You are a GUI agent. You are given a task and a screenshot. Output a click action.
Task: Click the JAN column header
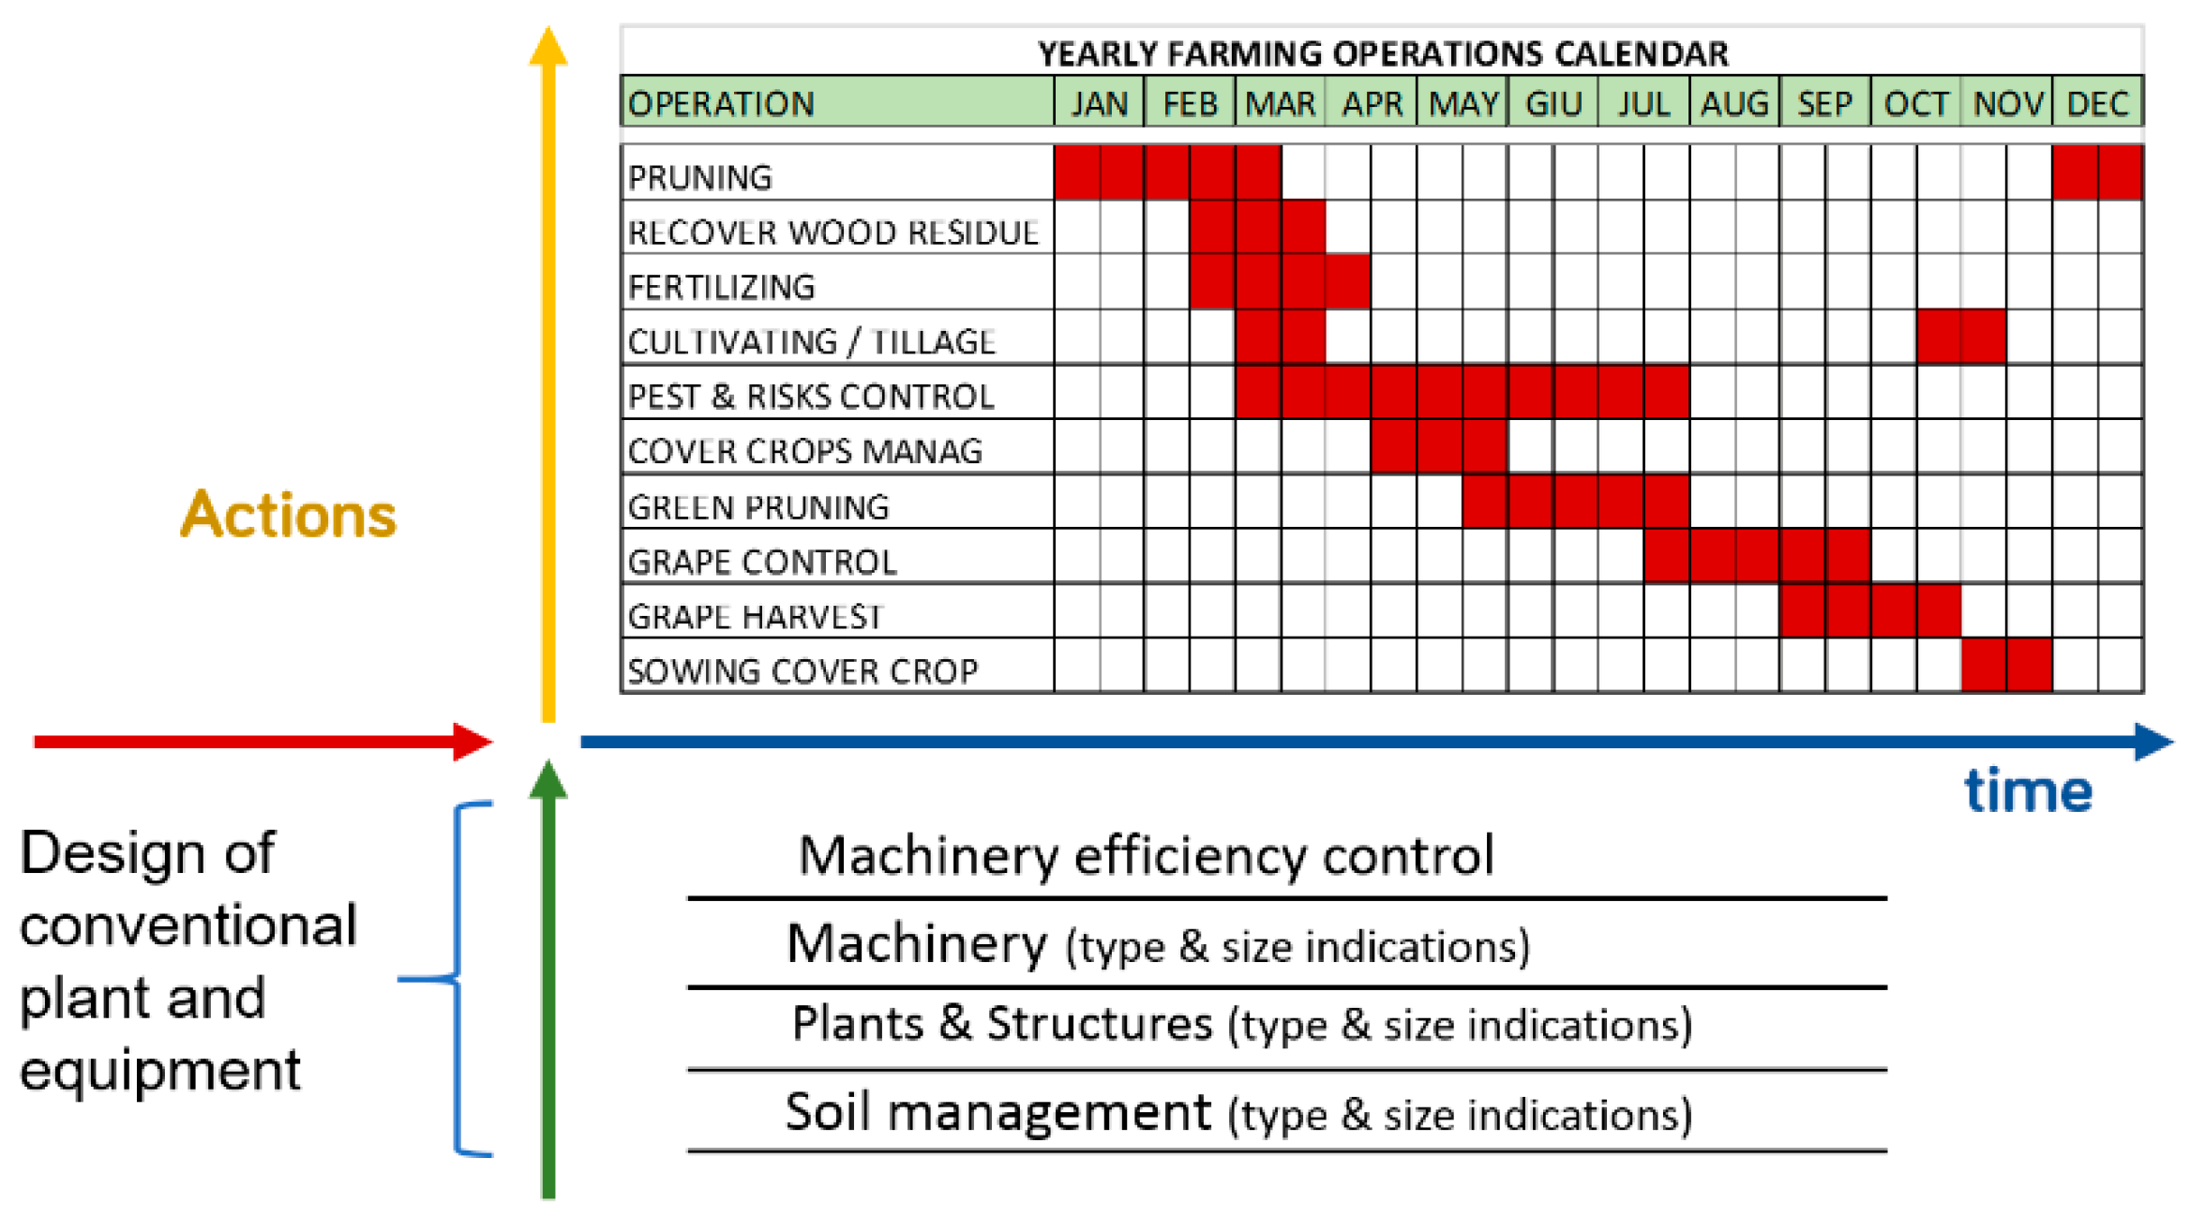coord(1099,102)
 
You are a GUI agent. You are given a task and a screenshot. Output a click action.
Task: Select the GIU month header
coord(1553,102)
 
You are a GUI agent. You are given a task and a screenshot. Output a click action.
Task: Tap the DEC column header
coord(2097,102)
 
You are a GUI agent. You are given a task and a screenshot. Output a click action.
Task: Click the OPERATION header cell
coord(837,102)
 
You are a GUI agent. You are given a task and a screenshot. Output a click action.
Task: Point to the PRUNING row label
coord(700,177)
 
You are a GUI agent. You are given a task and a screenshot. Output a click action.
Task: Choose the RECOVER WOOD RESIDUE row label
coord(833,232)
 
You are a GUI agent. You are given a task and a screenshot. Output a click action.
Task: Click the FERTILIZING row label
coord(722,287)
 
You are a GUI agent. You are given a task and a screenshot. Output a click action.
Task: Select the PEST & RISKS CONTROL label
coord(811,397)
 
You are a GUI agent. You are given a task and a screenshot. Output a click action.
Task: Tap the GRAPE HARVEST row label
coord(756,616)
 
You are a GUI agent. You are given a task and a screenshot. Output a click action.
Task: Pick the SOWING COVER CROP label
coord(802,671)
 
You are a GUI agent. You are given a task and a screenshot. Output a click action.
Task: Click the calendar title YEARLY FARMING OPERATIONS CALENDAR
coord(1383,53)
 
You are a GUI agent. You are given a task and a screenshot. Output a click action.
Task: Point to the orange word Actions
coord(289,515)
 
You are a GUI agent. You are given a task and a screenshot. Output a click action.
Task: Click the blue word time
coord(2029,790)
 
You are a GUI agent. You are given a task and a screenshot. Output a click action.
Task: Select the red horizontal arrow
coord(262,742)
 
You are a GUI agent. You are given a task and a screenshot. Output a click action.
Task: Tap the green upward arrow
coord(548,979)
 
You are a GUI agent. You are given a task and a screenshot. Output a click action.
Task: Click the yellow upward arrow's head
coord(548,45)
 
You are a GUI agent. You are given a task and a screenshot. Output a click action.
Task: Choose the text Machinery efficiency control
coord(1146,856)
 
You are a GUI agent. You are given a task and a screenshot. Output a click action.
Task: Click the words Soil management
coord(998,1112)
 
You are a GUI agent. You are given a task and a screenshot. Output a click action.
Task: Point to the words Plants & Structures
coord(1002,1023)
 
